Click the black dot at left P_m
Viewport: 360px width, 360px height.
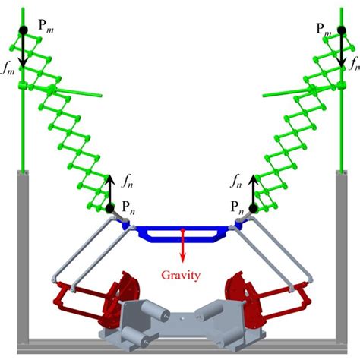tap(24, 29)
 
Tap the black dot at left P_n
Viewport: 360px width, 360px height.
tap(109, 207)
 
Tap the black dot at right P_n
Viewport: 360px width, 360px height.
tap(251, 207)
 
